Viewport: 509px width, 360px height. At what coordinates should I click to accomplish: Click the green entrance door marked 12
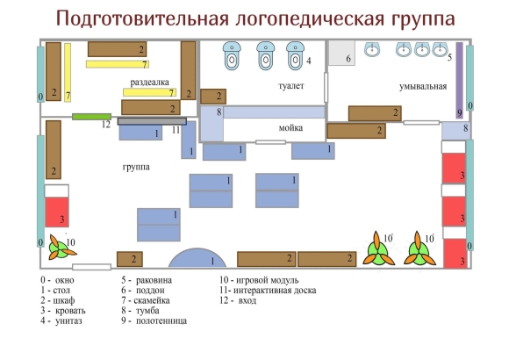91,116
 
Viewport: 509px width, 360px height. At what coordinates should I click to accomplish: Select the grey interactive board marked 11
152,121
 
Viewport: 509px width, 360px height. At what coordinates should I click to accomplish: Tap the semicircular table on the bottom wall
197,258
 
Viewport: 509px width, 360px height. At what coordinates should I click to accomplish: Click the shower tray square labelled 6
341,53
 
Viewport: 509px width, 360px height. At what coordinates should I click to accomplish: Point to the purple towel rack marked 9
459,80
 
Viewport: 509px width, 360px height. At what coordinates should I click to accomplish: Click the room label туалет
291,86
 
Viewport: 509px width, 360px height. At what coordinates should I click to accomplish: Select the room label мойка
290,128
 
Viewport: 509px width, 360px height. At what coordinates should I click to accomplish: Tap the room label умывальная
423,86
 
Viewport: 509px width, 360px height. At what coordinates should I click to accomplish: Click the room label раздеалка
150,83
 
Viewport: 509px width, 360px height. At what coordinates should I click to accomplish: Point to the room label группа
136,167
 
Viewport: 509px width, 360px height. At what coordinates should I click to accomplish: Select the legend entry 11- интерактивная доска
268,290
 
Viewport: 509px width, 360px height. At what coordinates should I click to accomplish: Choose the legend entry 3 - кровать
63,311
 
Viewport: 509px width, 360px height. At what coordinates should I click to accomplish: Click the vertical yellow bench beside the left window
68,73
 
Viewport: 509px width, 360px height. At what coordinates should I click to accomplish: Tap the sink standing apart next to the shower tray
372,49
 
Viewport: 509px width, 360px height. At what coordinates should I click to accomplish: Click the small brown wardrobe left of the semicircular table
130,259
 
